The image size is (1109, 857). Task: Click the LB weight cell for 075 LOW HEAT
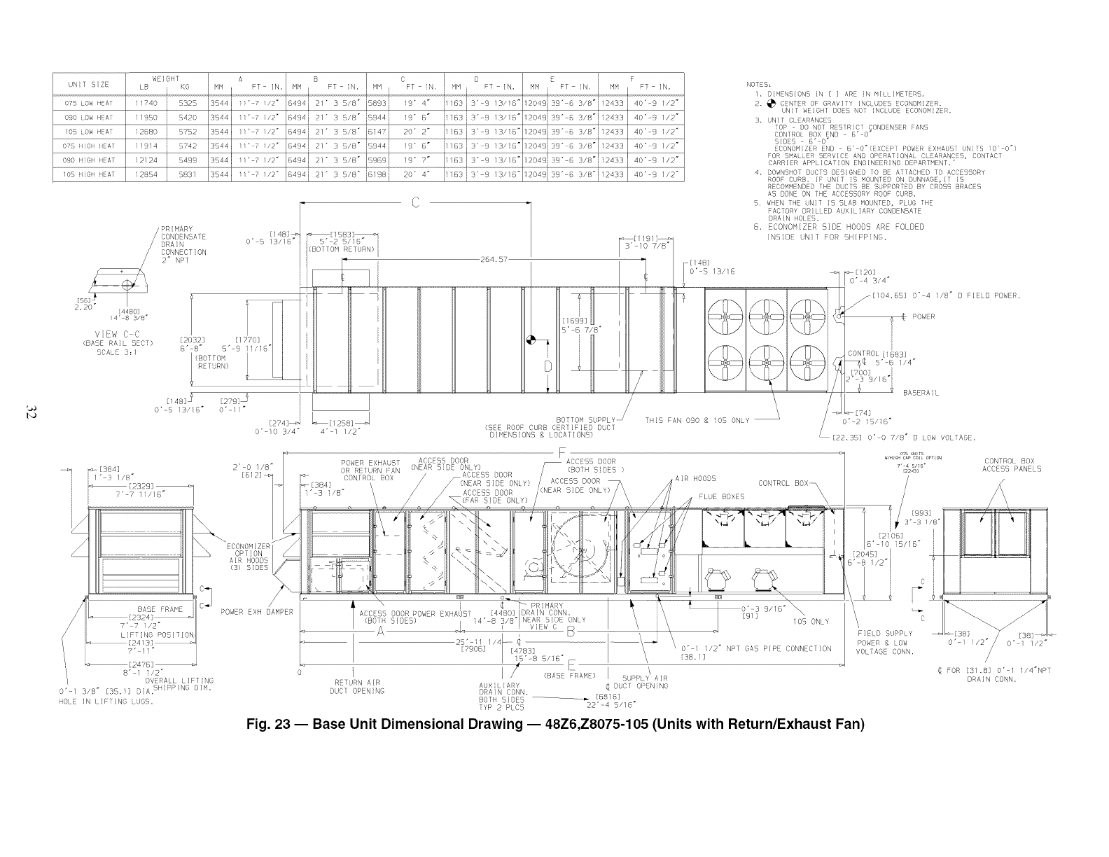pos(147,103)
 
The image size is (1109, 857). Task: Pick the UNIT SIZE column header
pos(88,85)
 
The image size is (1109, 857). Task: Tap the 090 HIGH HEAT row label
pos(88,160)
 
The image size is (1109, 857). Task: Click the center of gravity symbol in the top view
pos(531,340)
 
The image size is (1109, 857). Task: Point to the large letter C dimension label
pos(415,203)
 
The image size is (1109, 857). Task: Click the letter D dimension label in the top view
pos(548,366)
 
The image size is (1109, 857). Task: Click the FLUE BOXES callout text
pos(722,497)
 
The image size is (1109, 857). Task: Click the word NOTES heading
pos(760,84)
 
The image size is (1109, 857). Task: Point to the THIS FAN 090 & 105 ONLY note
pos(697,421)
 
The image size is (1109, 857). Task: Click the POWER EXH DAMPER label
pos(256,612)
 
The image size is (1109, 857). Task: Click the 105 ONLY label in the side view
pos(811,621)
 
